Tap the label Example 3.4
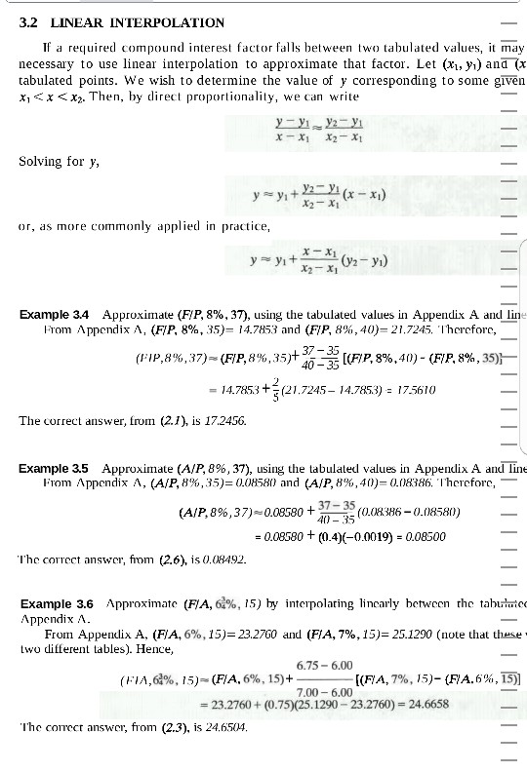click(x=55, y=315)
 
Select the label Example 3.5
click(x=55, y=469)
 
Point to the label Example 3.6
click(x=55, y=604)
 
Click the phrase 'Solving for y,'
click(x=52, y=161)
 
